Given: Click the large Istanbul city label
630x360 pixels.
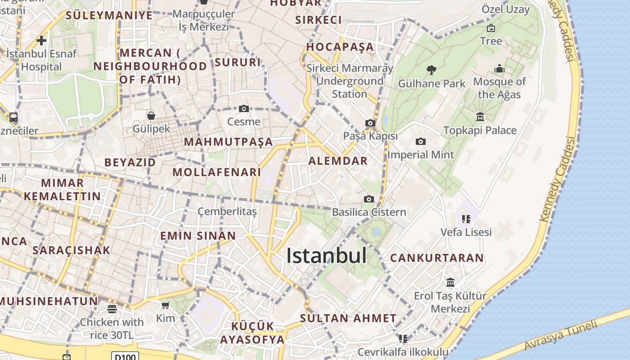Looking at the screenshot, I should tap(326, 256).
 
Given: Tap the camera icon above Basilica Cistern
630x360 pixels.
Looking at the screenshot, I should tap(369, 199).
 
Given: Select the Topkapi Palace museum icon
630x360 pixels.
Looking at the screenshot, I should tap(480, 117).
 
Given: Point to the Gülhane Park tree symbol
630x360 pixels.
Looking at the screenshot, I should tap(432, 70).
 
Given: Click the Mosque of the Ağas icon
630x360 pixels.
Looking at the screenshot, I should tap(499, 69).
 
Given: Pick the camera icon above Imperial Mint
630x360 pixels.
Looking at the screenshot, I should tap(421, 141).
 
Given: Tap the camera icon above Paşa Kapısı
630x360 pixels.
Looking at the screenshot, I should tap(370, 123).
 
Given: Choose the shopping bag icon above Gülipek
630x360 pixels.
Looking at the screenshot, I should tap(151, 116).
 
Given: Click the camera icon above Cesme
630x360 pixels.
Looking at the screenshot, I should tap(244, 108).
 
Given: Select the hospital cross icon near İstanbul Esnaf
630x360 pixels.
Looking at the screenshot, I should tap(41, 40).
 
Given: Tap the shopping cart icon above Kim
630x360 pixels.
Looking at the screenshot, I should tap(165, 306).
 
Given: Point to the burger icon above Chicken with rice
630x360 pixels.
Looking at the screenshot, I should tap(112, 309).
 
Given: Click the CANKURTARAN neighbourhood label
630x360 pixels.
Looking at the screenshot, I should tap(436, 258).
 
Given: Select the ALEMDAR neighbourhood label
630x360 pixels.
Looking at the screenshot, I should tap(338, 161).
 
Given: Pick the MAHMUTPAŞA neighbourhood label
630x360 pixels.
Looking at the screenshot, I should tap(229, 142).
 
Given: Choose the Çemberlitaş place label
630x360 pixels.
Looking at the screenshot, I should tap(227, 211).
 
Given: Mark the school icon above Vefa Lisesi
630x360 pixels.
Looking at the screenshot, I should tap(466, 219).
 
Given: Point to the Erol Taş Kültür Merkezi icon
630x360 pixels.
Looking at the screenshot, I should tap(450, 282).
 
